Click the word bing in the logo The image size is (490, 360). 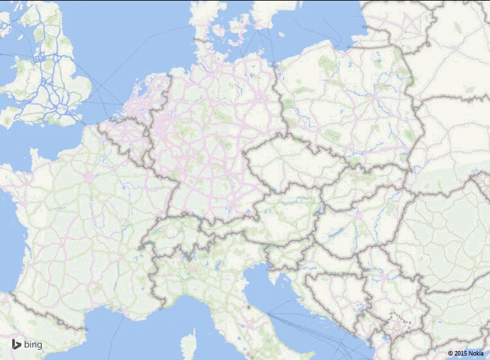coord(33,345)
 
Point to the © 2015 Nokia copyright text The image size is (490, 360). coord(466,353)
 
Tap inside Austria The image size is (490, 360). coord(283,212)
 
